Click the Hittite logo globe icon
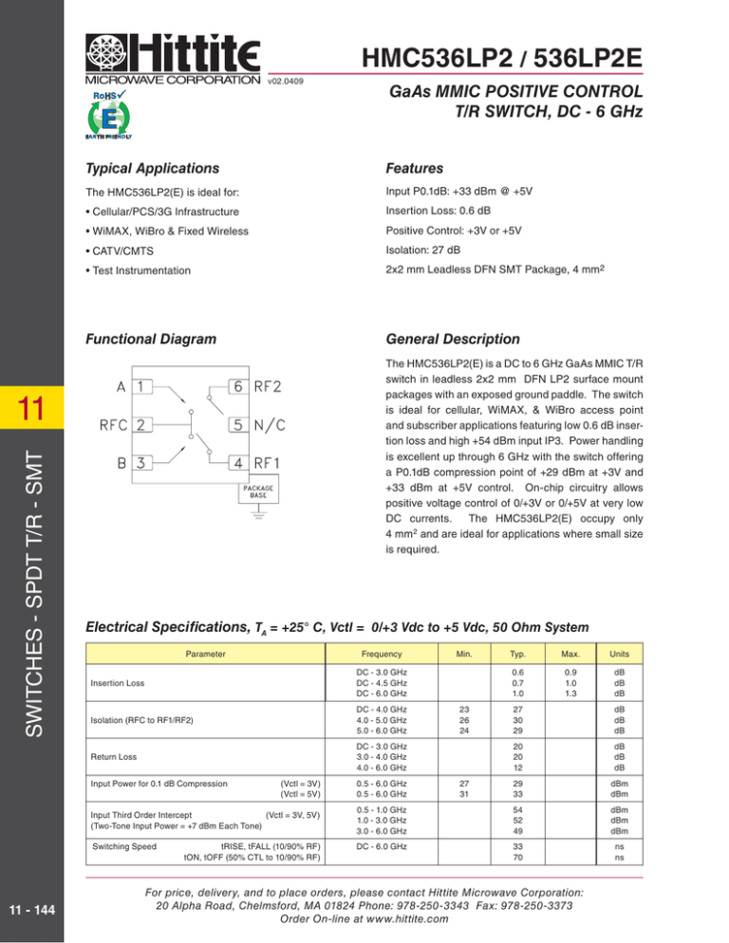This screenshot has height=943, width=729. pyautogui.click(x=104, y=51)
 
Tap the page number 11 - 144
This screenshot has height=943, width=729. pyautogui.click(x=31, y=911)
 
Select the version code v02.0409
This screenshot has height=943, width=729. pyautogui.click(x=287, y=82)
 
